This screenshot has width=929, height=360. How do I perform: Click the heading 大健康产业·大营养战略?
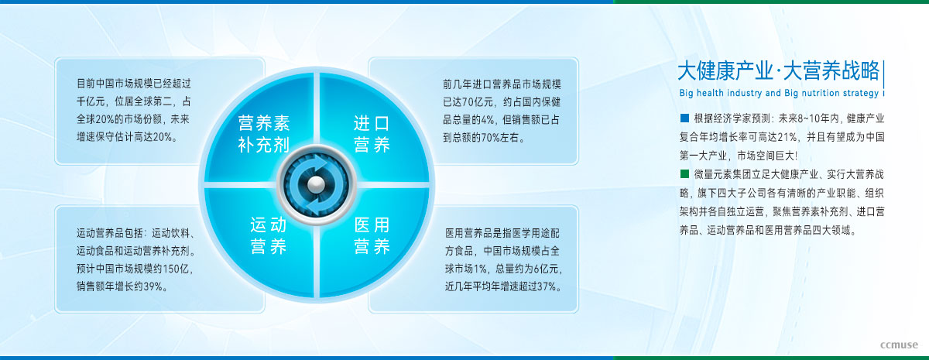pyautogui.click(x=779, y=70)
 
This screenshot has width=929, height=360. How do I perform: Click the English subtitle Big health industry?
pyautogui.click(x=721, y=93)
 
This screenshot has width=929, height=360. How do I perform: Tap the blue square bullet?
pyautogui.click(x=684, y=118)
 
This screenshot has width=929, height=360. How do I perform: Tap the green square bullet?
pyautogui.click(x=684, y=173)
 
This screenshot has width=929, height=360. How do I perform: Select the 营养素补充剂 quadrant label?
pyautogui.click(x=264, y=134)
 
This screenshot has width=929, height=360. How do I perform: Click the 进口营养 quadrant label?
pyautogui.click(x=372, y=134)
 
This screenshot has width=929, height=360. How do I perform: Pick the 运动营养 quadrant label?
pyautogui.click(x=269, y=235)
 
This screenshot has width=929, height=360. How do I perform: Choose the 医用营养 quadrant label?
pyautogui.click(x=372, y=235)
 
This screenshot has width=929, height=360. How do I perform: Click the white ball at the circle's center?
pyautogui.click(x=316, y=183)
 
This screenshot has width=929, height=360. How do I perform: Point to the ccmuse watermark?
pyautogui.click(x=899, y=345)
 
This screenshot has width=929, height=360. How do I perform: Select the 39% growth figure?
pyautogui.click(x=153, y=286)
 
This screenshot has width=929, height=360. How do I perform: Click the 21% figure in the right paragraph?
pyautogui.click(x=787, y=137)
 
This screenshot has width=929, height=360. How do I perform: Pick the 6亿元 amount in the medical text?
pyautogui.click(x=546, y=269)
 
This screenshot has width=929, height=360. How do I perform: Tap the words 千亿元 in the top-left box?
pyautogui.click(x=91, y=101)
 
